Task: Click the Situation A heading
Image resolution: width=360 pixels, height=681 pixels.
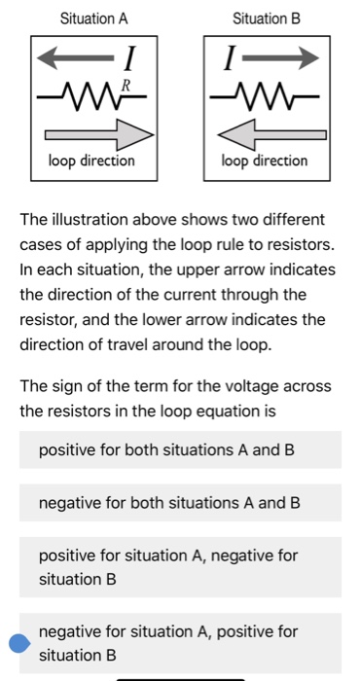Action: point(93,18)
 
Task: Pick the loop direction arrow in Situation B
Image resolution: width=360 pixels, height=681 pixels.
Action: point(261,129)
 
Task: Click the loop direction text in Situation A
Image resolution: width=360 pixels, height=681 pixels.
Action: point(92,160)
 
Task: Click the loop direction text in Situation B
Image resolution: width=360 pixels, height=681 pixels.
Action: point(265,160)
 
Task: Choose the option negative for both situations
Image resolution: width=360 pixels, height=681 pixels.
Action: point(168,503)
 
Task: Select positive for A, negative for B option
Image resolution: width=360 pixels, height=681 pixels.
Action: point(167,566)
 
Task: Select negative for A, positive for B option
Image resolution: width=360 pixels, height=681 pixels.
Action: point(167,642)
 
